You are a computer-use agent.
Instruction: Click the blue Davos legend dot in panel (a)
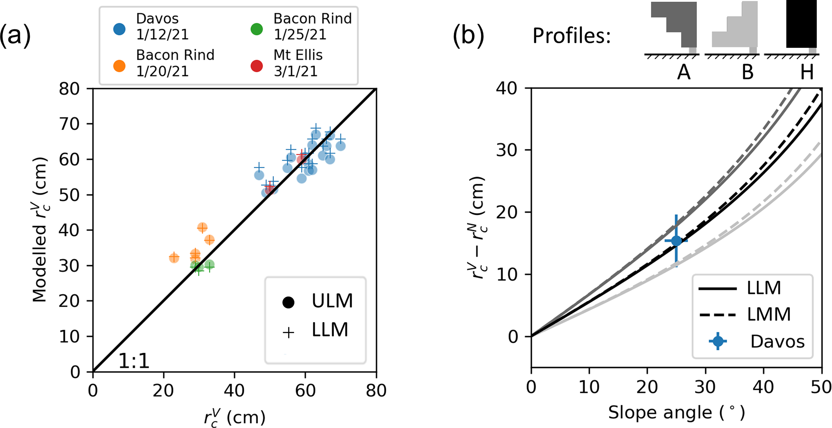click(x=119, y=29)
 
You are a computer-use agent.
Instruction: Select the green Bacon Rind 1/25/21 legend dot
click(x=257, y=29)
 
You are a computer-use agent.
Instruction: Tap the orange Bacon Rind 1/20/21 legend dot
click(x=119, y=66)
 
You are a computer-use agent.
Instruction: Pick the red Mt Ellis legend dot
click(x=257, y=66)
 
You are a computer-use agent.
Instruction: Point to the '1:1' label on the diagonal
click(x=134, y=362)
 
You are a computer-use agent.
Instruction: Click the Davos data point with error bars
click(x=676, y=241)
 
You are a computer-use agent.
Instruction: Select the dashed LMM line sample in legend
click(x=718, y=315)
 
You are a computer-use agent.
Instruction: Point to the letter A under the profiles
click(x=684, y=72)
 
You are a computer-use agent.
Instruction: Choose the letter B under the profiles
click(x=748, y=72)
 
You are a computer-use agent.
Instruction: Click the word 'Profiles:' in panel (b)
click(x=572, y=36)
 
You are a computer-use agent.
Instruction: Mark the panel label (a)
click(x=15, y=35)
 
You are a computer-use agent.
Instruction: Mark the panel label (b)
click(x=468, y=35)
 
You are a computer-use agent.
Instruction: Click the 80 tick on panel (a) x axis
click(x=376, y=390)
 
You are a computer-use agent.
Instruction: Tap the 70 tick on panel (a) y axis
click(x=70, y=124)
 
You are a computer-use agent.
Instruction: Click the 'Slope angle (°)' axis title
click(x=676, y=413)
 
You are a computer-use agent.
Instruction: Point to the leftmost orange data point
click(x=174, y=258)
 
